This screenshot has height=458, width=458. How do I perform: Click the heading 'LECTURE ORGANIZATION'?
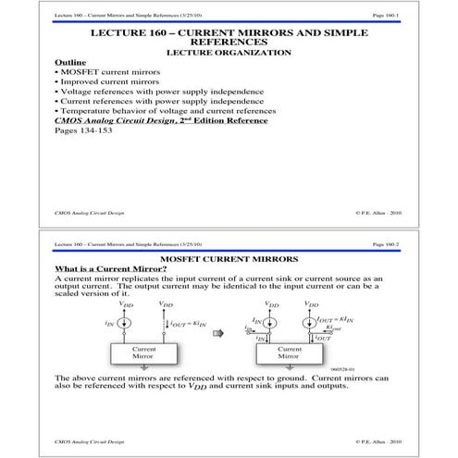[x=229, y=53]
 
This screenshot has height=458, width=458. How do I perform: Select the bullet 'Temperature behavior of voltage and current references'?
[x=166, y=112]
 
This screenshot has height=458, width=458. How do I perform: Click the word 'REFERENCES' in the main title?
[x=229, y=42]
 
